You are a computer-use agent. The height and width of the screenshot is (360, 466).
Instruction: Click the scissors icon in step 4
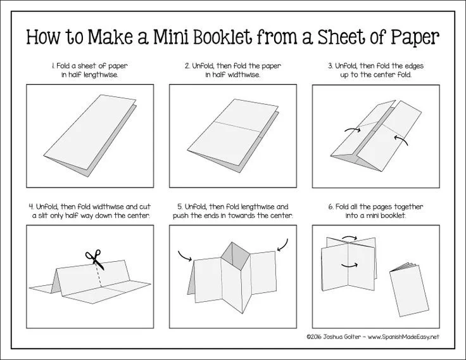pos(95,259)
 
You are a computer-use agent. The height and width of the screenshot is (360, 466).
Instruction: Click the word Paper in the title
pos(415,38)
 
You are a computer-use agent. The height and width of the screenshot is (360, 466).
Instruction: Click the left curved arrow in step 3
pos(352,129)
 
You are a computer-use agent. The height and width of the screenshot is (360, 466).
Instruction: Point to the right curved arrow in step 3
pos(401,139)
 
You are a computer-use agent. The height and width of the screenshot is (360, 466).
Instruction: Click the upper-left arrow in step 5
pos(184,256)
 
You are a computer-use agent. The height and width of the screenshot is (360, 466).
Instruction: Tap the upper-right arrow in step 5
pos(282,245)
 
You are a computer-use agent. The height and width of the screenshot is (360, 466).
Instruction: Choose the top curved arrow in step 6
pos(349,238)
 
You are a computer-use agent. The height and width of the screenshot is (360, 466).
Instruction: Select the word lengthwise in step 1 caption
pos(101,75)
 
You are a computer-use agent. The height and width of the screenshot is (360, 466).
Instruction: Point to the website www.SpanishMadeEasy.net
pos(403,337)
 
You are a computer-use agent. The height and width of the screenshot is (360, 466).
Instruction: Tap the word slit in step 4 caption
pos(43,215)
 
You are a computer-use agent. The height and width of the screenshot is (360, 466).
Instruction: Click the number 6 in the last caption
pos(331,207)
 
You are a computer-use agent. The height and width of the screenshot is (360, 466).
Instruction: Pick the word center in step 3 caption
pos(385,75)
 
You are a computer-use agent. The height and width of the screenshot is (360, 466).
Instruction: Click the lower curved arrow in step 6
pos(349,265)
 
